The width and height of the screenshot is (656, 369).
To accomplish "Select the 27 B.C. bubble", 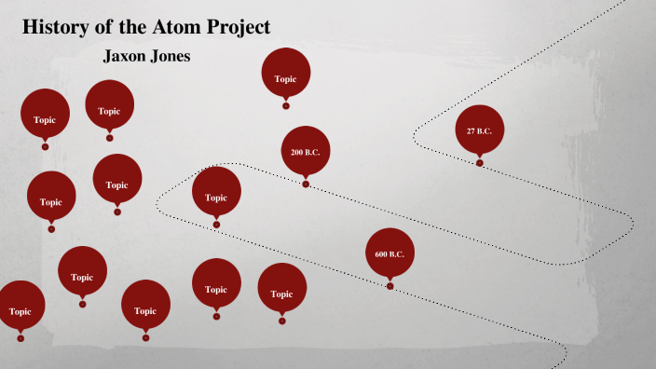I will pyautogui.click(x=479, y=130).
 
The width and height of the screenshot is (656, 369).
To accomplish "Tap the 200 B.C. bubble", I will pyautogui.click(x=306, y=151).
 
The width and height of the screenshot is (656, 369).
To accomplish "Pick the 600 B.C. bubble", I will pyautogui.click(x=389, y=253).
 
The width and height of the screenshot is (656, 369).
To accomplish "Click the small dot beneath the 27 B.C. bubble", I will pyautogui.click(x=480, y=163).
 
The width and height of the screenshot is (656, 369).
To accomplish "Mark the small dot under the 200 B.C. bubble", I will pyautogui.click(x=306, y=184).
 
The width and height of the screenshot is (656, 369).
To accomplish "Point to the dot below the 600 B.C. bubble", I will pyautogui.click(x=389, y=286).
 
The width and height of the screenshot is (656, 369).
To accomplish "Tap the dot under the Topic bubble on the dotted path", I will pyautogui.click(x=216, y=225).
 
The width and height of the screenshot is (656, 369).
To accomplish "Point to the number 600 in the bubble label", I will pyautogui.click(x=381, y=254).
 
